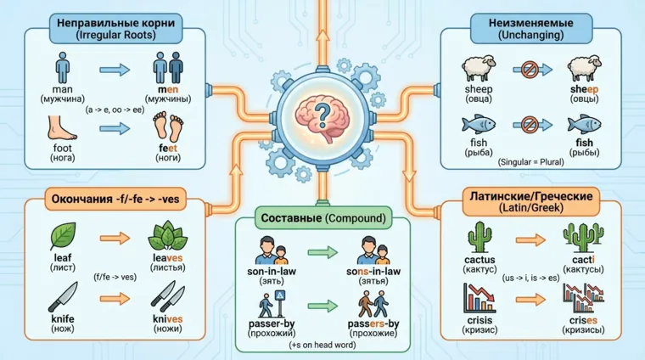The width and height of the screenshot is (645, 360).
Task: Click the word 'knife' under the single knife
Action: click(63, 318)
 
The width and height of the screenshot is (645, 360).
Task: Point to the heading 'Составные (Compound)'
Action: click(322, 218)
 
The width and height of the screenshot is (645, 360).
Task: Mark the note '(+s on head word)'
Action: click(321, 348)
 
